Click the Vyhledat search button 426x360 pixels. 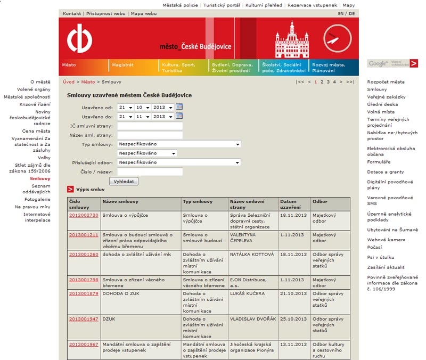(x=124, y=181)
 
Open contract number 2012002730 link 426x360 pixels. (x=84, y=215)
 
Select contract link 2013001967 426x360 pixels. (x=84, y=344)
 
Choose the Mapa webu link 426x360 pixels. (x=144, y=13)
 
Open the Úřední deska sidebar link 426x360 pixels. (x=379, y=104)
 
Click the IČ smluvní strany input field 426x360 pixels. (x=150, y=126)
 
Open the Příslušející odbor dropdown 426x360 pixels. (x=179, y=162)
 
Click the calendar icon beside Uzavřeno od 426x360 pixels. (x=179, y=107)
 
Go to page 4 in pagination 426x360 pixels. (x=334, y=82)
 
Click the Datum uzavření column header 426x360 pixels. (x=291, y=204)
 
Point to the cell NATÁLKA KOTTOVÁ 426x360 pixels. (x=251, y=255)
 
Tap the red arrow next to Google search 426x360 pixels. (x=414, y=63)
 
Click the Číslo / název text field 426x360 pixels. (x=150, y=171)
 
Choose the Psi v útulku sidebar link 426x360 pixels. (x=380, y=257)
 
